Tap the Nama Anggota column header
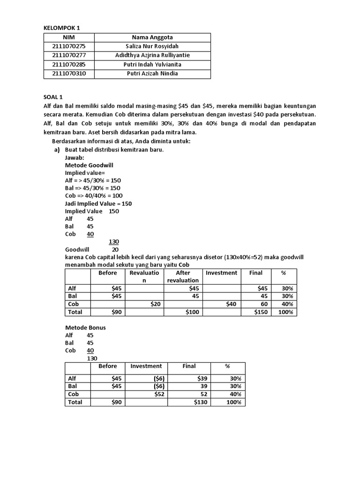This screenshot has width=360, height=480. [x=152, y=37]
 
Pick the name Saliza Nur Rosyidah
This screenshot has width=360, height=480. [x=152, y=46]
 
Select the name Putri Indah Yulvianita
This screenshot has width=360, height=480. [x=152, y=64]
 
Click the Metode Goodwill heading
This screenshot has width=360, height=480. [x=89, y=165]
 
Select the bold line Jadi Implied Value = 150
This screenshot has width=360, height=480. [x=98, y=203]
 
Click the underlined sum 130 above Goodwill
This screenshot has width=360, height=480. [x=113, y=242]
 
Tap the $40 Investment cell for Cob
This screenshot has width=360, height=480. [x=230, y=304]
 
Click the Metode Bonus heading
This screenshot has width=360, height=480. [x=85, y=327]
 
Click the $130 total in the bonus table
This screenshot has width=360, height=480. [x=201, y=402]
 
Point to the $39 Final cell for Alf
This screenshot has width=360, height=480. [x=203, y=378]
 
